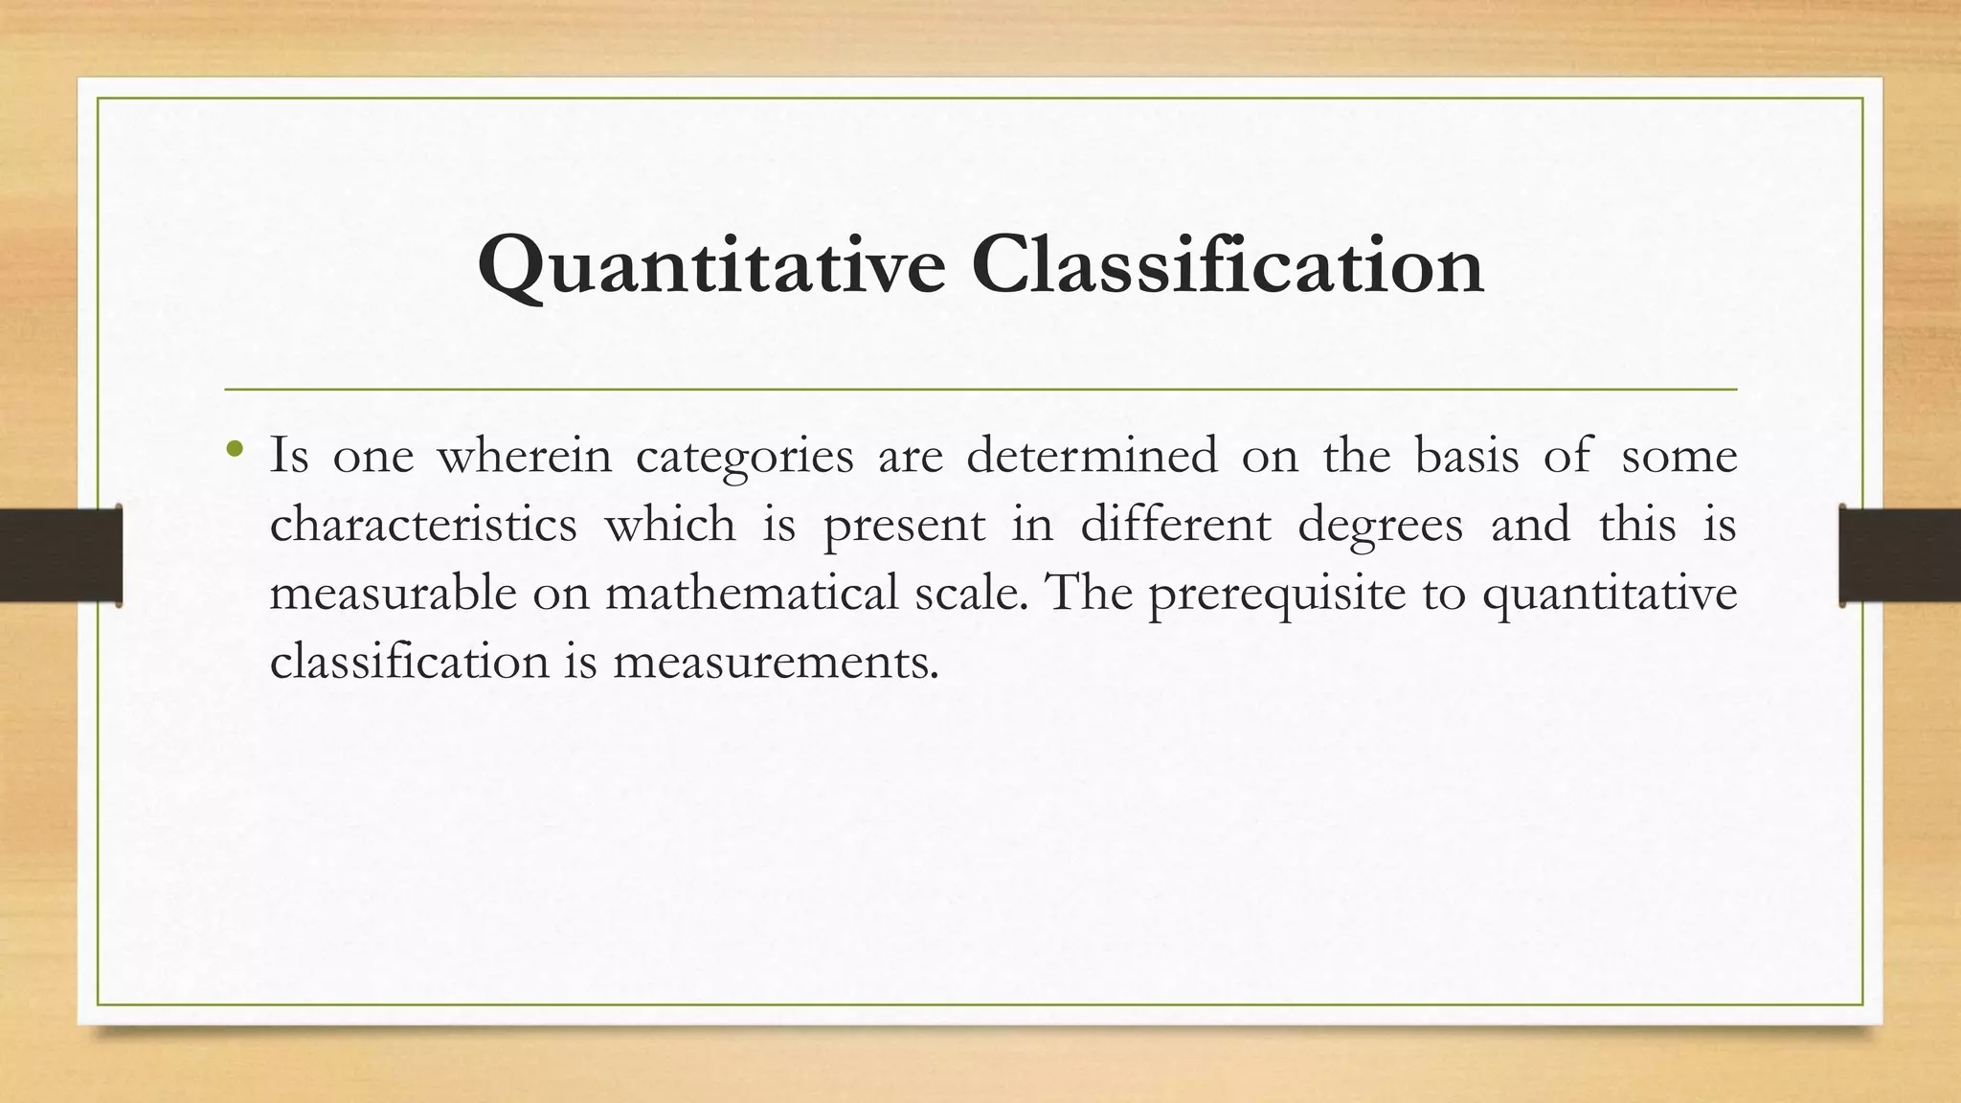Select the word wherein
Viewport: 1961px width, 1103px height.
coord(524,455)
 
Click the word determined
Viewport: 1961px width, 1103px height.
coord(1092,455)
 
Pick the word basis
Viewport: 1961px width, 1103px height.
coord(1467,455)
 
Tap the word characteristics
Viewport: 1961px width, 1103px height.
coord(423,524)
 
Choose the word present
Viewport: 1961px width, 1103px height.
coord(904,526)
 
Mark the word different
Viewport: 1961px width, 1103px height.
coord(1176,524)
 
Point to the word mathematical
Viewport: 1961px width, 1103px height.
coord(752,593)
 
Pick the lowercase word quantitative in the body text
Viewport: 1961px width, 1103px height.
coord(1610,595)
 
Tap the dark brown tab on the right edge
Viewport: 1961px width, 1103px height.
coord(1900,555)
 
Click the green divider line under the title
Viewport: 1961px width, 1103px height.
coord(980,390)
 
